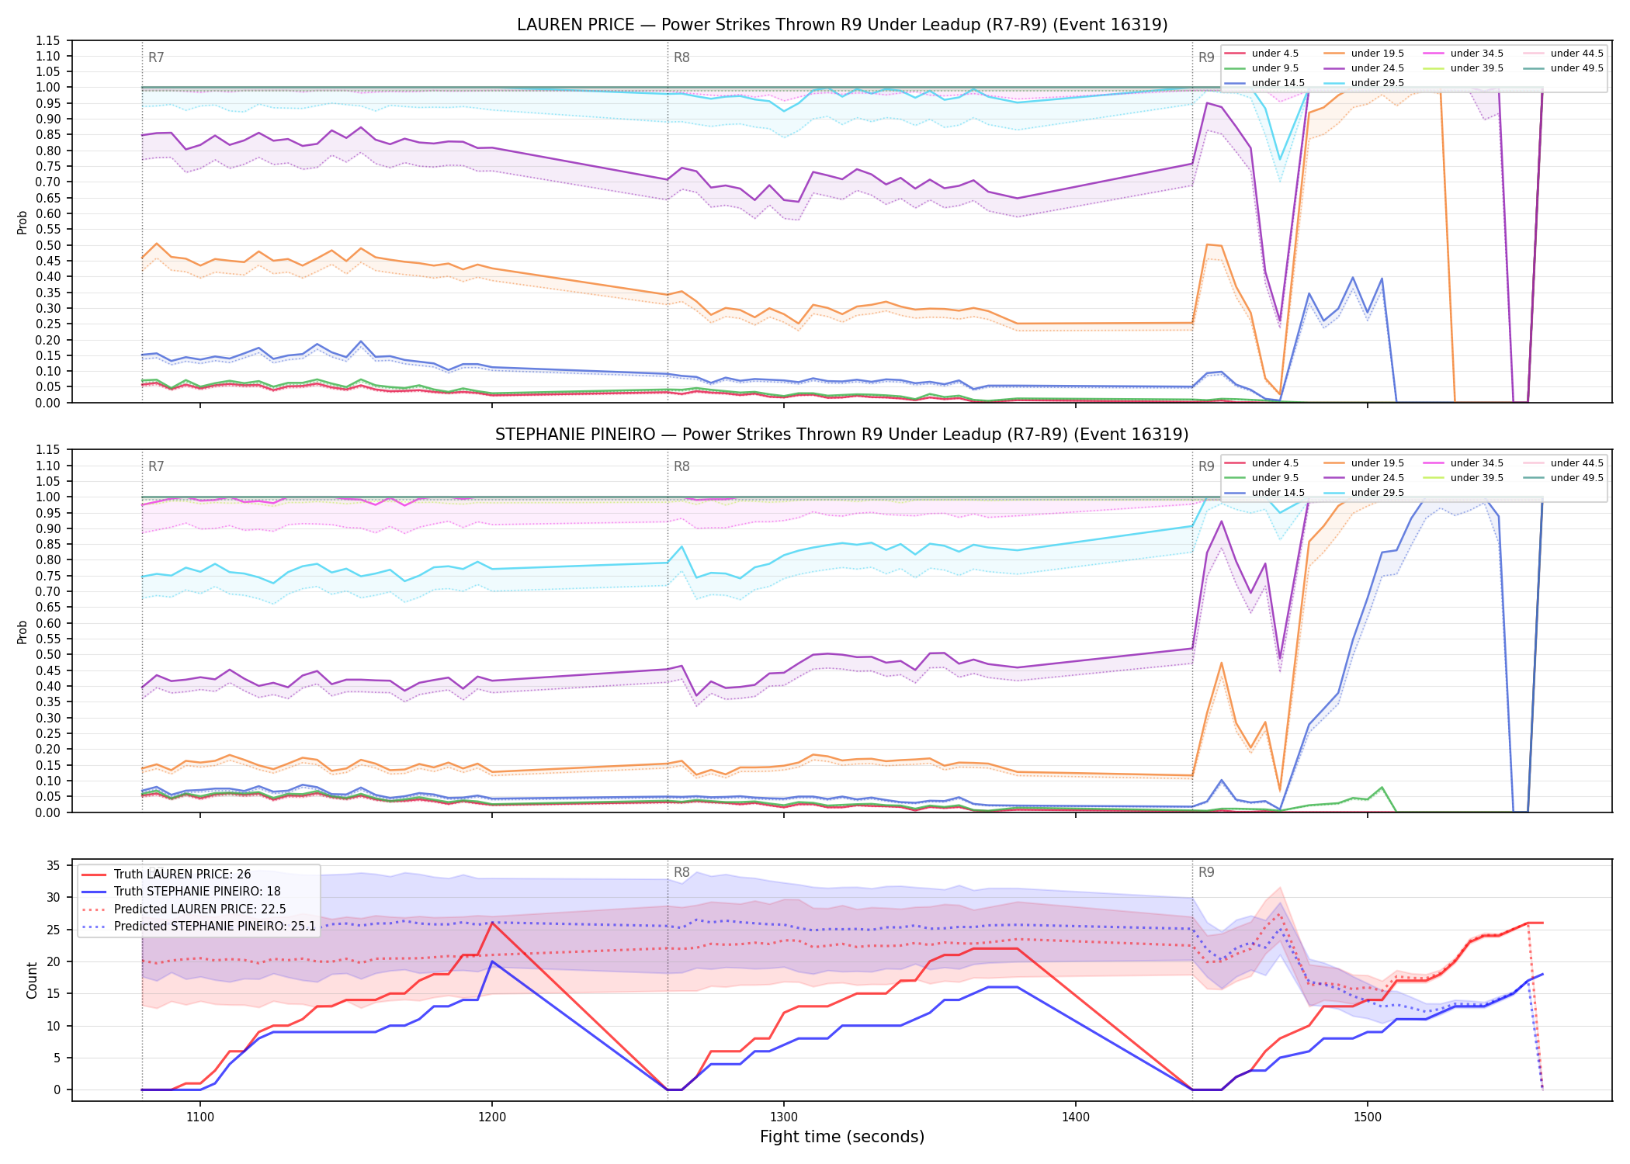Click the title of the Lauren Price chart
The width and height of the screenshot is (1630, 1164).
842,25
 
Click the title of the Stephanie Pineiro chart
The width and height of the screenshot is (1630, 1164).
842,435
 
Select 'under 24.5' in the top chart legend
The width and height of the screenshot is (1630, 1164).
1378,68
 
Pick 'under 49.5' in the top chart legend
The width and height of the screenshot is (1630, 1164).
1576,68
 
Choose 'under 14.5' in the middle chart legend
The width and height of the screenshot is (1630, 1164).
1278,493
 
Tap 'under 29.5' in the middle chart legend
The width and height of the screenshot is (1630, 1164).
1378,493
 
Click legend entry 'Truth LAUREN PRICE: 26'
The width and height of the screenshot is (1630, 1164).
182,875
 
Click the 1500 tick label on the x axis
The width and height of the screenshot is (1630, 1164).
1368,1117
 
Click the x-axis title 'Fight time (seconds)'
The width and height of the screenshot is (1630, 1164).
842,1138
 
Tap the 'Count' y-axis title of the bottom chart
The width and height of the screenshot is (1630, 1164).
32,981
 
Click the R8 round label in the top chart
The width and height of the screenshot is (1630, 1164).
681,57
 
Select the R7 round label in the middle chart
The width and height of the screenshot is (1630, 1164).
156,466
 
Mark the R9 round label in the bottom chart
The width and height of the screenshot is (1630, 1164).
1206,872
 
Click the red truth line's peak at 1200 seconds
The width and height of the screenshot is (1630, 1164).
492,923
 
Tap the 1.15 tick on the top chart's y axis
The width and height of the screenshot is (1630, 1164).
49,40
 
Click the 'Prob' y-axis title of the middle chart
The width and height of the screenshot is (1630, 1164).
23,632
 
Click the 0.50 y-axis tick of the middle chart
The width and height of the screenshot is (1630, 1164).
49,655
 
